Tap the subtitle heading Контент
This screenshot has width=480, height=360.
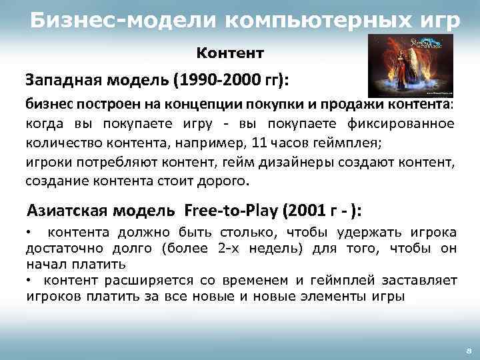(x=231, y=52)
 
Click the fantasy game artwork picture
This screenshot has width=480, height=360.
(x=410, y=66)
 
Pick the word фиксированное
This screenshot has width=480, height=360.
(x=404, y=124)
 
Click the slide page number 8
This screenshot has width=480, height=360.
(x=468, y=349)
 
